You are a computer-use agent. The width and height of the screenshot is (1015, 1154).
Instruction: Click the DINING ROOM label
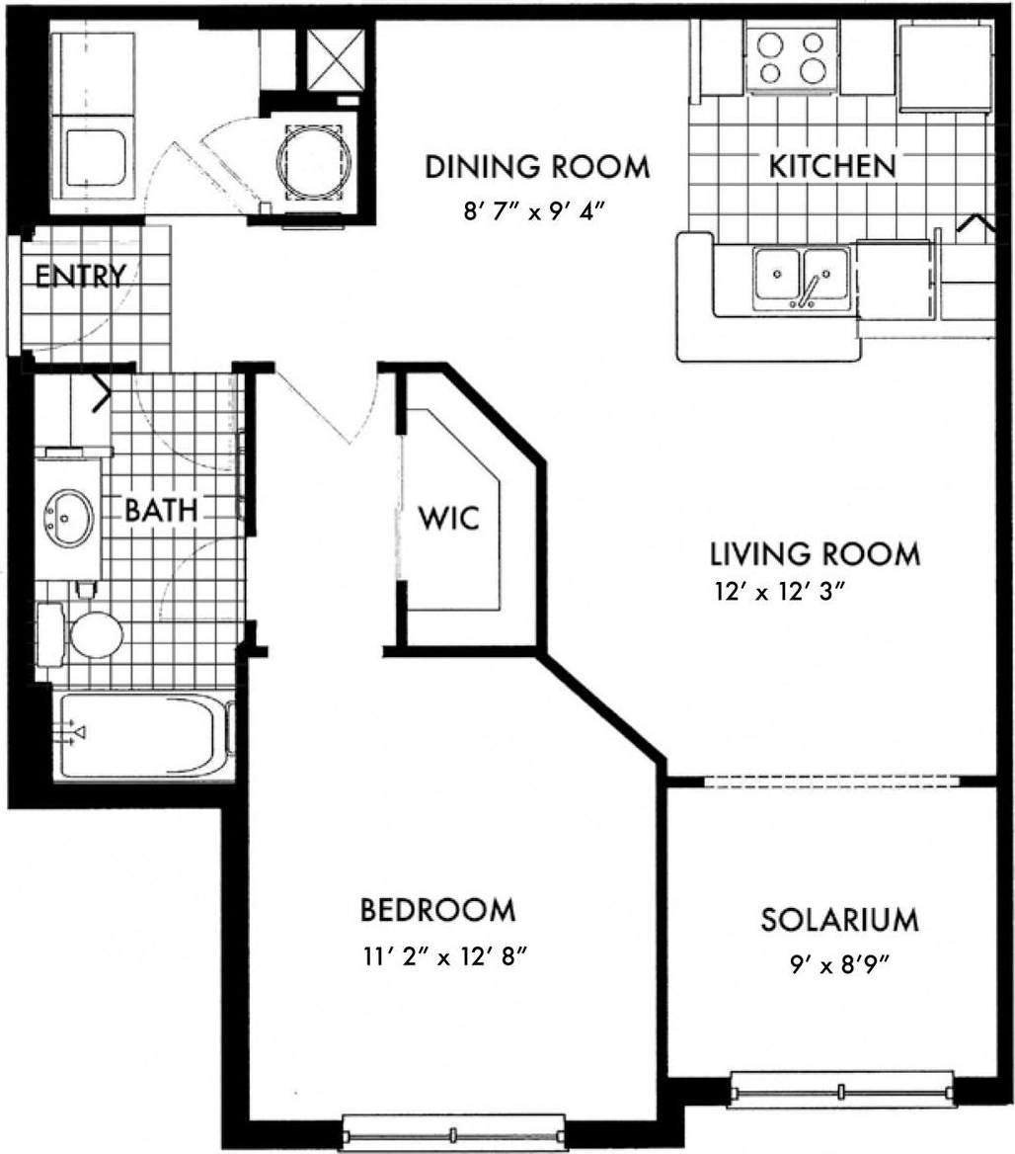coord(537,167)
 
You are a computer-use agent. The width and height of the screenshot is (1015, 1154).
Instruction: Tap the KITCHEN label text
coord(832,166)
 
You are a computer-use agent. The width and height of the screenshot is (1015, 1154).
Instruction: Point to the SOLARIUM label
coord(839,920)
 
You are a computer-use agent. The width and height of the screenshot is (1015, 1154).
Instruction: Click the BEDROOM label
coord(437,909)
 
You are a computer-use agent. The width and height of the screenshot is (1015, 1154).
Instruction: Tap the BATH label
coord(162,511)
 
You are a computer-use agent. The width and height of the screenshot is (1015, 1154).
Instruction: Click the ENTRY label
coord(80,276)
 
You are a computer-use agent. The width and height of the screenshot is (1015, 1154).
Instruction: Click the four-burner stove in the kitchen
coord(787,57)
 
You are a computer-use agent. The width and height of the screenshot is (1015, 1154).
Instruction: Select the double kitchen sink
coord(801,280)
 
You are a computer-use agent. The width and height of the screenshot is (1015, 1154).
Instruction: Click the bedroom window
coord(453,1132)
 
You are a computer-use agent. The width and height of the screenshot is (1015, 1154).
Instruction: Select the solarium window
coord(842,1091)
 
